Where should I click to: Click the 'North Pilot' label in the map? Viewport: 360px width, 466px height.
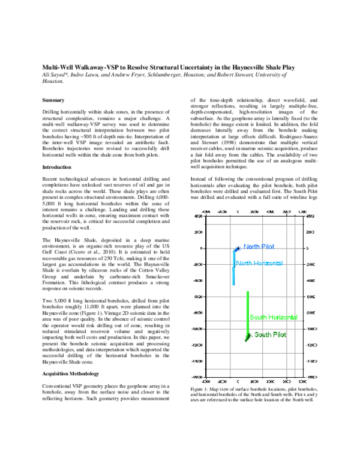click(260, 247)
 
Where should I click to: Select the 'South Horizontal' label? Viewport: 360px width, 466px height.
click(273, 317)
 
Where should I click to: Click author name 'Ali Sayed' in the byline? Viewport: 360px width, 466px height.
click(57, 76)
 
